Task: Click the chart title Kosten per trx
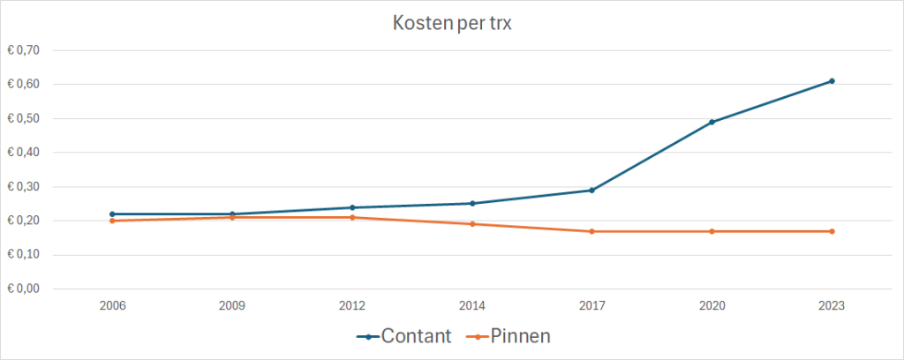click(451, 24)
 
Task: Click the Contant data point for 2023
click(832, 81)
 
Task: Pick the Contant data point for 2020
click(712, 122)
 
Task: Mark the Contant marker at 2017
click(591, 190)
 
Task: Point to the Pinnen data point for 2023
click(832, 231)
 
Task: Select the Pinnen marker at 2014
click(472, 224)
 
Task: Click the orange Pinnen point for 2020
click(712, 231)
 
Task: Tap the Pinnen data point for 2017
click(591, 231)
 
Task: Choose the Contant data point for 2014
click(472, 204)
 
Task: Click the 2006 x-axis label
click(112, 305)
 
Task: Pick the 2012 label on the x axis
click(352, 305)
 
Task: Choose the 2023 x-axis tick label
click(832, 305)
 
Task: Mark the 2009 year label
click(232, 305)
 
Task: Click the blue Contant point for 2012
click(352, 207)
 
